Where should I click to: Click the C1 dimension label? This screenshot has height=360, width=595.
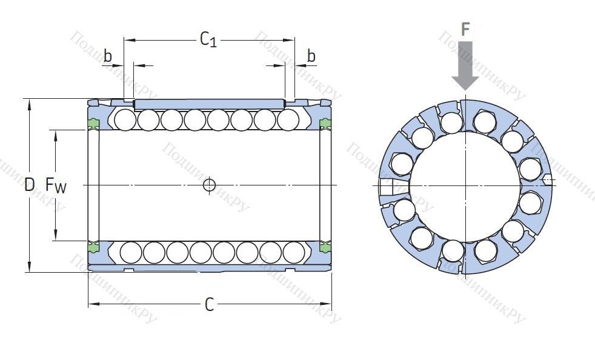click(x=208, y=40)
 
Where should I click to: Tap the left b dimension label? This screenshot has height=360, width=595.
click(x=108, y=56)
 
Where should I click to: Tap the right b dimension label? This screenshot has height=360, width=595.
click(x=311, y=56)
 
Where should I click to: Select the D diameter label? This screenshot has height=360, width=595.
click(x=30, y=185)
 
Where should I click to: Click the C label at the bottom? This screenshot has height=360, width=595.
click(x=209, y=305)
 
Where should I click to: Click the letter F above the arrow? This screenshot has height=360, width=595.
click(x=465, y=29)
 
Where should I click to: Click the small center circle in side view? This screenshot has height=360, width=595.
click(x=209, y=185)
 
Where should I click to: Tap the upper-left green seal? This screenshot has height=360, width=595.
click(x=93, y=125)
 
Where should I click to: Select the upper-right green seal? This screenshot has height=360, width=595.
click(x=325, y=125)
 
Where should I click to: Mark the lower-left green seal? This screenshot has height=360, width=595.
click(x=93, y=246)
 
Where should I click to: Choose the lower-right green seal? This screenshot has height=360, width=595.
click(x=325, y=246)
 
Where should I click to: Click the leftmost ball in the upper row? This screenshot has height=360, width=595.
click(x=125, y=119)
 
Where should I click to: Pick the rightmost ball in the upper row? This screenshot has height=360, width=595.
click(x=288, y=119)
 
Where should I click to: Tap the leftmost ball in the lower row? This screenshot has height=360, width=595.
click(x=131, y=251)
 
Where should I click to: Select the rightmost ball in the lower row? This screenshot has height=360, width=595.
click(x=293, y=251)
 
